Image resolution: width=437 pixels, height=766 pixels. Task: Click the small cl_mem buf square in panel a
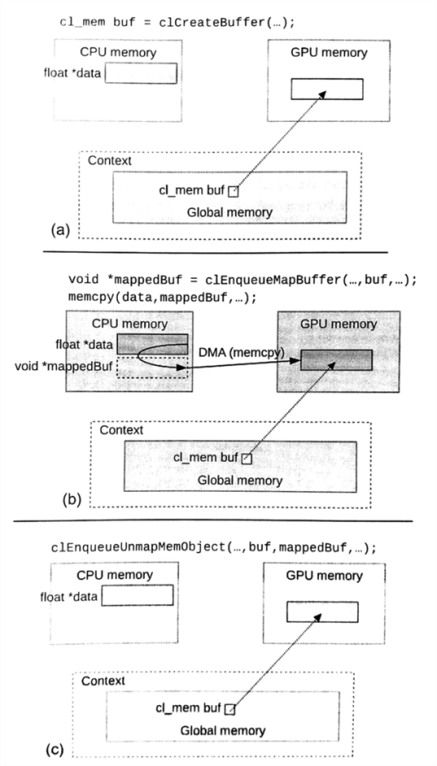(x=233, y=192)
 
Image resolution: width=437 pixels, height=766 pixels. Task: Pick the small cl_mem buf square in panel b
(x=246, y=458)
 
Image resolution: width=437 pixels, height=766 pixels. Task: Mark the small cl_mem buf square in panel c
(x=230, y=710)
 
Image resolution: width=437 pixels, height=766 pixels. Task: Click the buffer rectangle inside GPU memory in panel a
(x=326, y=89)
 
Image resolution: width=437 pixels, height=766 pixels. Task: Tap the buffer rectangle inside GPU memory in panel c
(x=322, y=612)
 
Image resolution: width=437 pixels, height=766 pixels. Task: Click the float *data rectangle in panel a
(x=140, y=73)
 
